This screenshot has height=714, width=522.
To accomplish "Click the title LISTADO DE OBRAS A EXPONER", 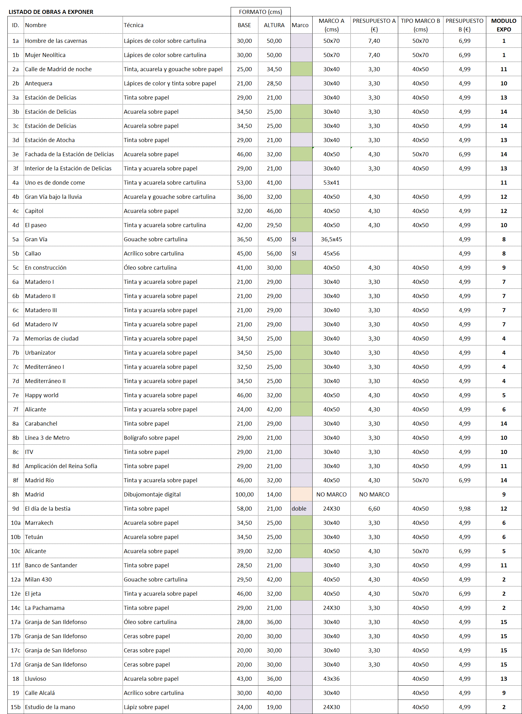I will [51, 12].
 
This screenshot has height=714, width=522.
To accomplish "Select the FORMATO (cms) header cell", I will [260, 12].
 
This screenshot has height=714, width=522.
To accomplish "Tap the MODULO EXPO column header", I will [503, 25].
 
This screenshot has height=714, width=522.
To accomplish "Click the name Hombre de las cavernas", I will [56, 41].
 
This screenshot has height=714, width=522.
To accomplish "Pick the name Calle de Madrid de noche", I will [58, 69].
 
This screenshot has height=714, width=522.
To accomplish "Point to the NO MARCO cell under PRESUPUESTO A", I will [374, 494].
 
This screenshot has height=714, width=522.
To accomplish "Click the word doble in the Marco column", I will [299, 508].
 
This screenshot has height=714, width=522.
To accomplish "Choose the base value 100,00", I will [244, 494].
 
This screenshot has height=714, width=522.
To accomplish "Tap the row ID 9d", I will [15, 508].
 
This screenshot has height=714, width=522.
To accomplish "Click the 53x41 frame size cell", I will [331, 182].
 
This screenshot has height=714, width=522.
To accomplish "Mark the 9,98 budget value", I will [464, 508].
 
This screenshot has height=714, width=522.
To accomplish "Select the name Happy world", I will [42, 395].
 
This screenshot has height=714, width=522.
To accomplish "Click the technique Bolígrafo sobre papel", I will [151, 438].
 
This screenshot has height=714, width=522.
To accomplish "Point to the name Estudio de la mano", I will [50, 707].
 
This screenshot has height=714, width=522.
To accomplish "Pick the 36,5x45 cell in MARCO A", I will [331, 239].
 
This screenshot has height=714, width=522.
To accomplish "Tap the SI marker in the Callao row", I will [294, 254].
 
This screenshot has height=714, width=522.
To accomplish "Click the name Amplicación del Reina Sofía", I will [61, 466].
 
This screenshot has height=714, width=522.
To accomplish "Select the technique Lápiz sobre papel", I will [146, 707].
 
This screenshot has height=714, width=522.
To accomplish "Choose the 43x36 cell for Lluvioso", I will [331, 679].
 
